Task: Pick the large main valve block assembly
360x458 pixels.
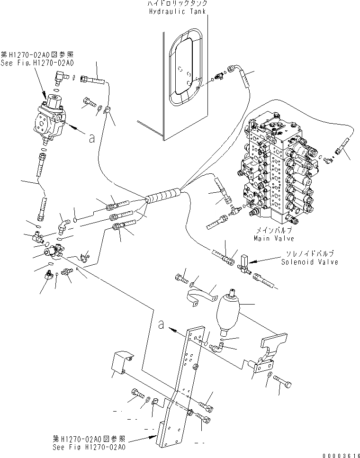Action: (277, 171)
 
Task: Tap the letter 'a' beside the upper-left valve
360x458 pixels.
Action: (91, 137)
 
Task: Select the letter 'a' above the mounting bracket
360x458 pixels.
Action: (162, 324)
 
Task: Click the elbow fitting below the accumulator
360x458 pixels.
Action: (220, 347)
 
